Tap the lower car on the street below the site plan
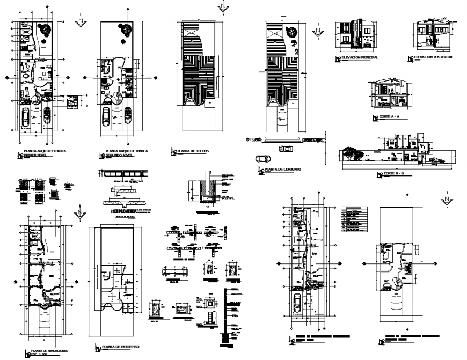262,159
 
